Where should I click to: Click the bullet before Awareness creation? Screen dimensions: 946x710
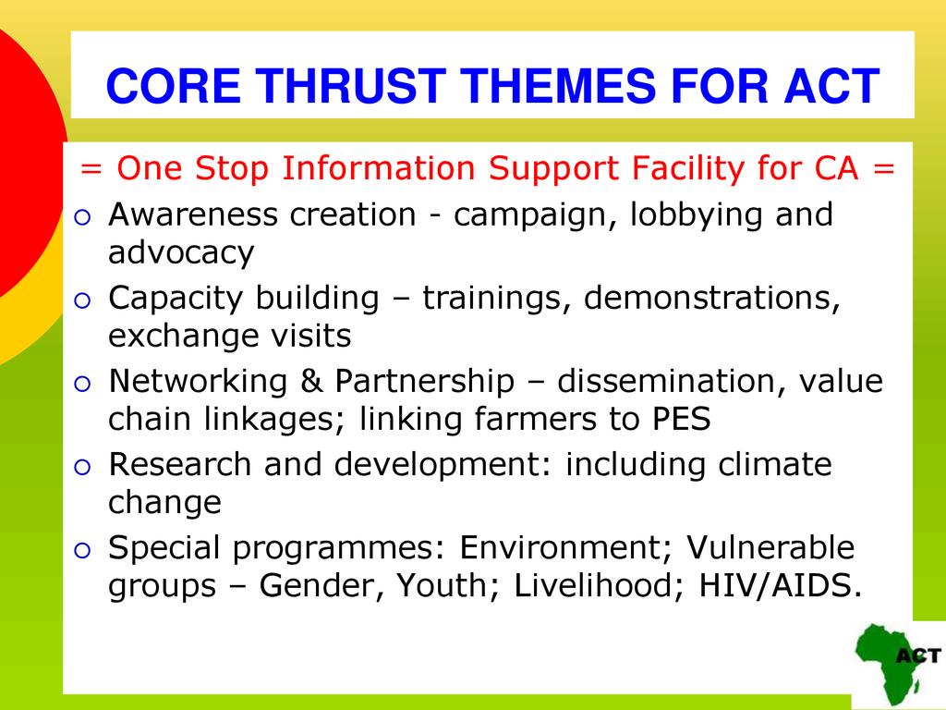(x=82, y=216)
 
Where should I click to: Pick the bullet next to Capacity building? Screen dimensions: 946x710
(x=82, y=300)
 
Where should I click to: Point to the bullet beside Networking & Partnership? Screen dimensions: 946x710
(x=82, y=384)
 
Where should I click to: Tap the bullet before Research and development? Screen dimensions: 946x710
(x=82, y=467)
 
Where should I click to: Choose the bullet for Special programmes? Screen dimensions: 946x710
(x=82, y=550)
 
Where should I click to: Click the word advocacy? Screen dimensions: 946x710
(x=181, y=253)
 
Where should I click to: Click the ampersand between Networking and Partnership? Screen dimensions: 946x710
(x=310, y=381)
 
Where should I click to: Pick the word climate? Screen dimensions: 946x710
(x=775, y=464)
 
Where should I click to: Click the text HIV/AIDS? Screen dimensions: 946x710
(x=780, y=585)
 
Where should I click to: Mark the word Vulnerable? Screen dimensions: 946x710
(x=770, y=547)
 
